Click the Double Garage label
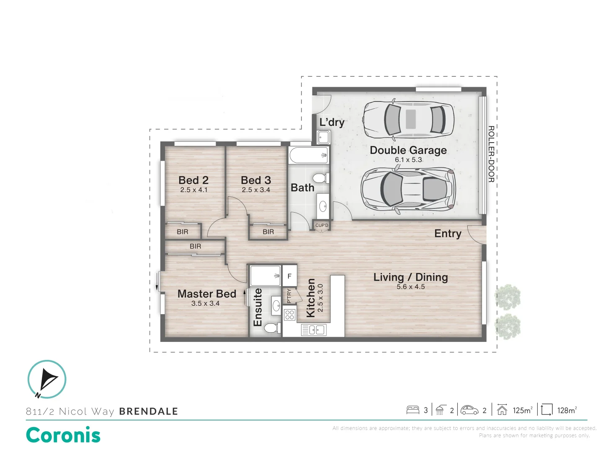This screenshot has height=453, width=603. point(408,150)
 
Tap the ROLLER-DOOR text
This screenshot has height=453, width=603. point(491,154)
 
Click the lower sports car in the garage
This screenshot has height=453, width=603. point(408,189)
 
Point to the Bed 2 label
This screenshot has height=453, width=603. point(193,180)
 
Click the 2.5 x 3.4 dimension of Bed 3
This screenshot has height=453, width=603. point(256,190)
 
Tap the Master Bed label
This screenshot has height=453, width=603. point(207,294)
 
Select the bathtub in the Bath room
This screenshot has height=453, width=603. point(309,155)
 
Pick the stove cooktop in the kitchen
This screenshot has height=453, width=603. point(289,315)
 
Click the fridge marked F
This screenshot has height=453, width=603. point(289,276)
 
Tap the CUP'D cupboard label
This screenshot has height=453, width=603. point(322,226)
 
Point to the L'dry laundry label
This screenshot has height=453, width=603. point(332,122)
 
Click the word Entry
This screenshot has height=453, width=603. point(448,234)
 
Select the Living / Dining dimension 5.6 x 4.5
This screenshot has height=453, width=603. point(410,287)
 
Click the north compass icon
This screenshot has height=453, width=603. point(47,379)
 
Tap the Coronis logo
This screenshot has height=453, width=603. point(63,435)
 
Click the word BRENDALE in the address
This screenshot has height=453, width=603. point(149,411)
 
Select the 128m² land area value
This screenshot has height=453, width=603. point(567,410)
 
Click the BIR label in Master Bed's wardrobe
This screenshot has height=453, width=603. point(195,247)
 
